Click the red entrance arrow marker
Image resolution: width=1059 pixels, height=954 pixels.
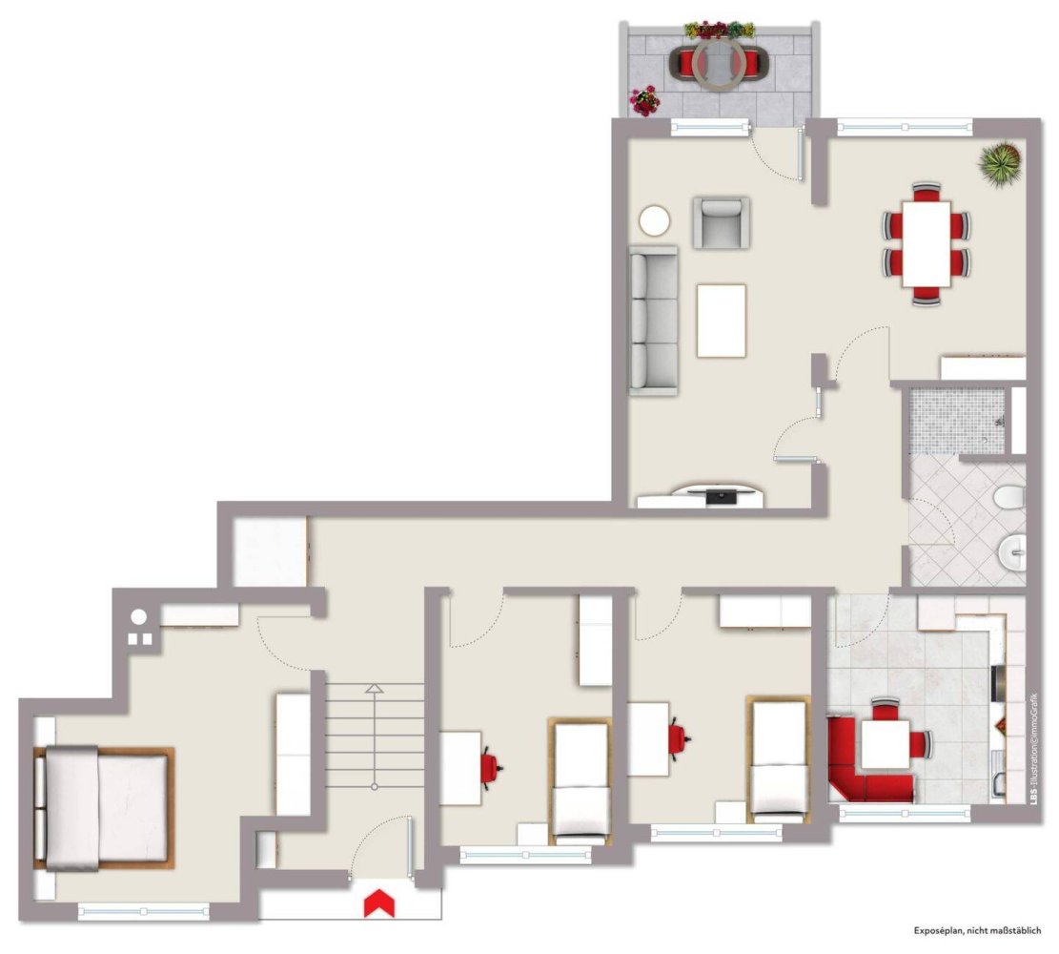click(379, 903)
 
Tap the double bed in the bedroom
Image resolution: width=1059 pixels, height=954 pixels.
click(103, 807)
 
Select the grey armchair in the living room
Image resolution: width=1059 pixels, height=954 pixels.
click(721, 222)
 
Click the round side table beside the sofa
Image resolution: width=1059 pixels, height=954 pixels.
click(655, 221)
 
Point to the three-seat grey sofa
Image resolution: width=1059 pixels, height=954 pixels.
click(654, 321)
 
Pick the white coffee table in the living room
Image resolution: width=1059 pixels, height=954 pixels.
click(722, 321)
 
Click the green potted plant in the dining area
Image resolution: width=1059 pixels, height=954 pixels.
click(1000, 161)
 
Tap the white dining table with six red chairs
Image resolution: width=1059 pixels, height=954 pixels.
click(927, 243)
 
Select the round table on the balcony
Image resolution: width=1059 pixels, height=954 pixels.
click(716, 64)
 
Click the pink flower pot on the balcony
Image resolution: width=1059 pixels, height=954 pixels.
click(645, 101)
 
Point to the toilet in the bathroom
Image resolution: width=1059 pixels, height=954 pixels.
click(1009, 497)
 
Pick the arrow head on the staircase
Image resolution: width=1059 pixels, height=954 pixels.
click(375, 688)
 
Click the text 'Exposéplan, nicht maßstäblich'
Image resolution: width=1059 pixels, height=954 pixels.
click(977, 931)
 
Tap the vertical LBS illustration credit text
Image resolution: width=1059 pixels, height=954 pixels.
click(1034, 748)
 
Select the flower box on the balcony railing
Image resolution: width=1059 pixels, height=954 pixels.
click(720, 30)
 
